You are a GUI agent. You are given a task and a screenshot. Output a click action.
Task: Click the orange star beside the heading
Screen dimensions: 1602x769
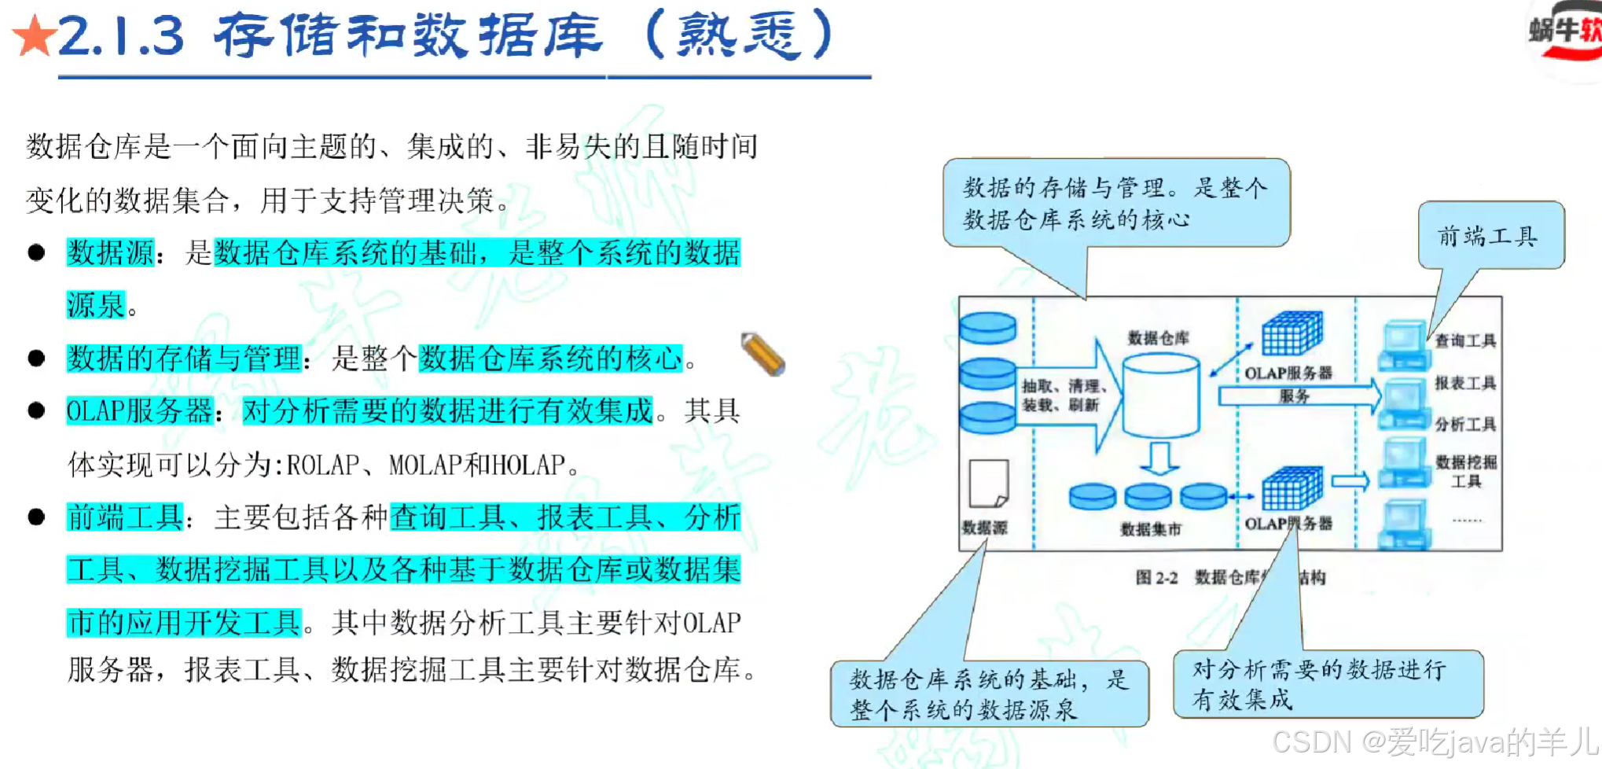pos(34,36)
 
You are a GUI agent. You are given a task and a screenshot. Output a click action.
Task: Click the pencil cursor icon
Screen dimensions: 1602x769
pos(762,354)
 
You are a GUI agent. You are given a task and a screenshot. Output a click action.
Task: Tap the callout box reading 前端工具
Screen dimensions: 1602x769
pos(1490,236)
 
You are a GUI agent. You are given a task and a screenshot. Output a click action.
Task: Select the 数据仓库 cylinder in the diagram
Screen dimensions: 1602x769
pos(1160,396)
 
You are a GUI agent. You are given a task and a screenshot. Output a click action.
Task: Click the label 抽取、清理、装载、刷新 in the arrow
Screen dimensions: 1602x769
pos(1064,396)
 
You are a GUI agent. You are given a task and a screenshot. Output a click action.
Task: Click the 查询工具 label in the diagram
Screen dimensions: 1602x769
pos(1465,340)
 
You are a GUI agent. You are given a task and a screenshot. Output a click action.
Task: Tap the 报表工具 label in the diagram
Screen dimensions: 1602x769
pos(1465,383)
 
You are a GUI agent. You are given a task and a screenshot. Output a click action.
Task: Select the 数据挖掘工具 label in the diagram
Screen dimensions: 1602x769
pos(1466,471)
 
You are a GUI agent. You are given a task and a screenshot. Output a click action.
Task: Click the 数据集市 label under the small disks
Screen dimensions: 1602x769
pos(1151,529)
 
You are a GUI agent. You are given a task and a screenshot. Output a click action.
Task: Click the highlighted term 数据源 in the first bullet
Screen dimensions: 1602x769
pos(111,253)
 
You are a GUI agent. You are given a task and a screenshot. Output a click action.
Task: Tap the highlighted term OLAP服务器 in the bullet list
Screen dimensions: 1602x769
pos(139,411)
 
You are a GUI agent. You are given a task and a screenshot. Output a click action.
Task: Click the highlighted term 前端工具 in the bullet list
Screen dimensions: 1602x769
pos(125,517)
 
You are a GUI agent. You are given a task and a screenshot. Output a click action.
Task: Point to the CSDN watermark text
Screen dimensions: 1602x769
pos(1435,742)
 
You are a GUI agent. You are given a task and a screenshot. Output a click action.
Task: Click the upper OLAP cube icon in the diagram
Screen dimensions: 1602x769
pos(1292,334)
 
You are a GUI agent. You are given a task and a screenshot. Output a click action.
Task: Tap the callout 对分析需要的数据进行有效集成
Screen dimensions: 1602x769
pos(1327,684)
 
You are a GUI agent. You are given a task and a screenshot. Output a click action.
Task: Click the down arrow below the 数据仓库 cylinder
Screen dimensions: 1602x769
pos(1159,458)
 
